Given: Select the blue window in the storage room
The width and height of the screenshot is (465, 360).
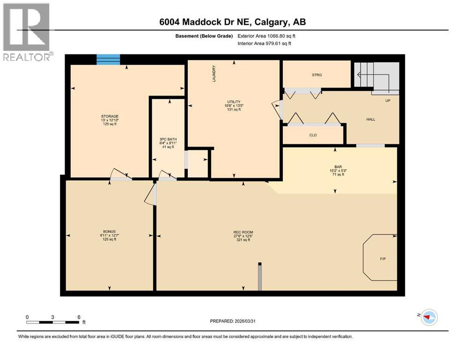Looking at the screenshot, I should coord(108,60).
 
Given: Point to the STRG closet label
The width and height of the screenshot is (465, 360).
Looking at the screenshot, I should coord(317,75).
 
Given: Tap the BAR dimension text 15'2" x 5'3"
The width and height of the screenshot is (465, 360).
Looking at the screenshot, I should coord(338,171).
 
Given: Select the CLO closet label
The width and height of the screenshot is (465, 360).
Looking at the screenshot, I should coord(313,135).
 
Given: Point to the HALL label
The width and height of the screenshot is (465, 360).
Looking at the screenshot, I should coord(370,119).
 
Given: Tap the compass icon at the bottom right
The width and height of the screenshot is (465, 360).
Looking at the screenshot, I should coord(428,317).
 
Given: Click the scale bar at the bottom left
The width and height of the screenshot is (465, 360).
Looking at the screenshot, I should coord(52,322).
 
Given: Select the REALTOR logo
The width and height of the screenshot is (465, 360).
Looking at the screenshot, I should coord(27,33).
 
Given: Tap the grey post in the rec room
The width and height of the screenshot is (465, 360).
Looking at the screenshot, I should coord(259,277).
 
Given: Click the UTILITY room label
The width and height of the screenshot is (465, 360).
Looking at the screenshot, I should coord(234,102).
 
